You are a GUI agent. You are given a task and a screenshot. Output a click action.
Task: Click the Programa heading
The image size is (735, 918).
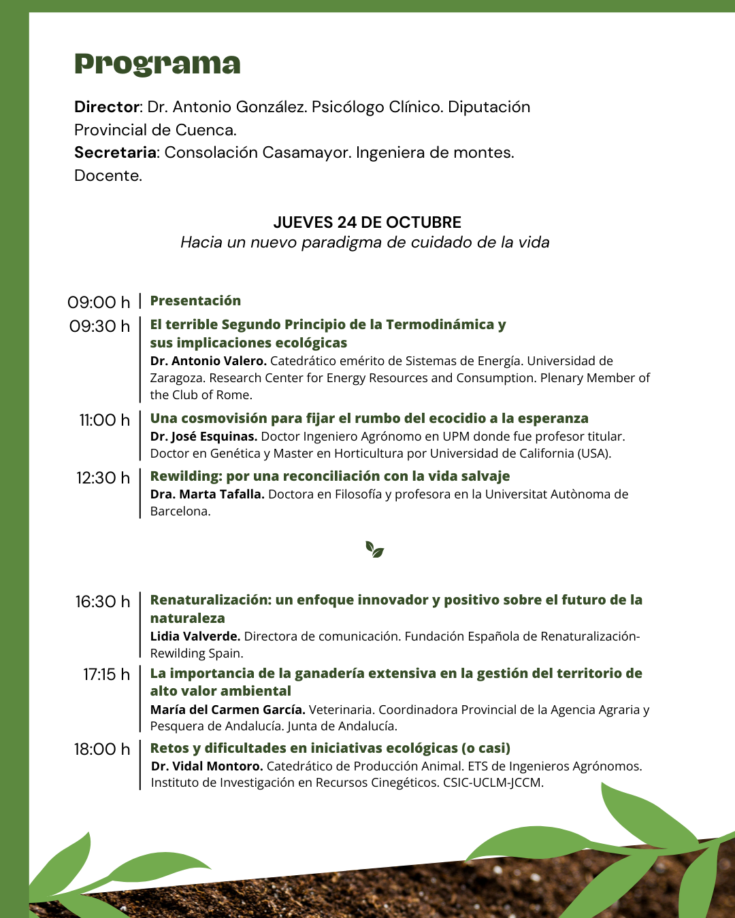pyautogui.click(x=157, y=64)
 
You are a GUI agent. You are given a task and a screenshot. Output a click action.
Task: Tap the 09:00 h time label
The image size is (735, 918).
pyautogui.click(x=99, y=302)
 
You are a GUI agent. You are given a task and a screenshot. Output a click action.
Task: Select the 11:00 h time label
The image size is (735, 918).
pyautogui.click(x=104, y=420)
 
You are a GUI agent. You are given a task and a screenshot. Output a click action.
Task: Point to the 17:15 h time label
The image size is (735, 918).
pyautogui.click(x=106, y=675)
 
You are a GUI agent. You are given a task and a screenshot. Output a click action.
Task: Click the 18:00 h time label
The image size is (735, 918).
pyautogui.click(x=102, y=749)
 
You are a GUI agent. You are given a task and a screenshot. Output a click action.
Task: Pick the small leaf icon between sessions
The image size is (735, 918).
pyautogui.click(x=374, y=549)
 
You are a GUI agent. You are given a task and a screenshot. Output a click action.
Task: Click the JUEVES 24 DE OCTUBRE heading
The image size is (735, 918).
pyautogui.click(x=367, y=222)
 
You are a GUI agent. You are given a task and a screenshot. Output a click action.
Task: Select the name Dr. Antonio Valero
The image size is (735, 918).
pyautogui.click(x=208, y=361)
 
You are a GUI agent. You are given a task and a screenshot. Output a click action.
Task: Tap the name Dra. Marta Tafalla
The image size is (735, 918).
pyautogui.click(x=207, y=494)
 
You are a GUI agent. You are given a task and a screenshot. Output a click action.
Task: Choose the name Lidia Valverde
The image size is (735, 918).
pyautogui.click(x=195, y=636)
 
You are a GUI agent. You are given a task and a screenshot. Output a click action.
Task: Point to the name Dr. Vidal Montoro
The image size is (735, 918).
pyautogui.click(x=207, y=766)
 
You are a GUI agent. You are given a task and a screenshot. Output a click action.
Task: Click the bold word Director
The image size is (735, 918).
pyautogui.click(x=107, y=107)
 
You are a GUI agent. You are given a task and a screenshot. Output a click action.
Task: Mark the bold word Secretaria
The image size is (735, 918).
pyautogui.click(x=115, y=152)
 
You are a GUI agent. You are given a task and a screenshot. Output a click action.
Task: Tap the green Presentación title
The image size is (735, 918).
pyautogui.click(x=195, y=301)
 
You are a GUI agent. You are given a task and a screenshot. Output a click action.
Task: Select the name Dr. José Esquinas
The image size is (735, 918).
pyautogui.click(x=203, y=437)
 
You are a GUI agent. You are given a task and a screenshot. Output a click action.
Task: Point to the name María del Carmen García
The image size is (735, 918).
pyautogui.click(x=227, y=710)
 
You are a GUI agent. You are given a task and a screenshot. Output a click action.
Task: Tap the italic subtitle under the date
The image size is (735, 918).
pyautogui.click(x=365, y=243)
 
